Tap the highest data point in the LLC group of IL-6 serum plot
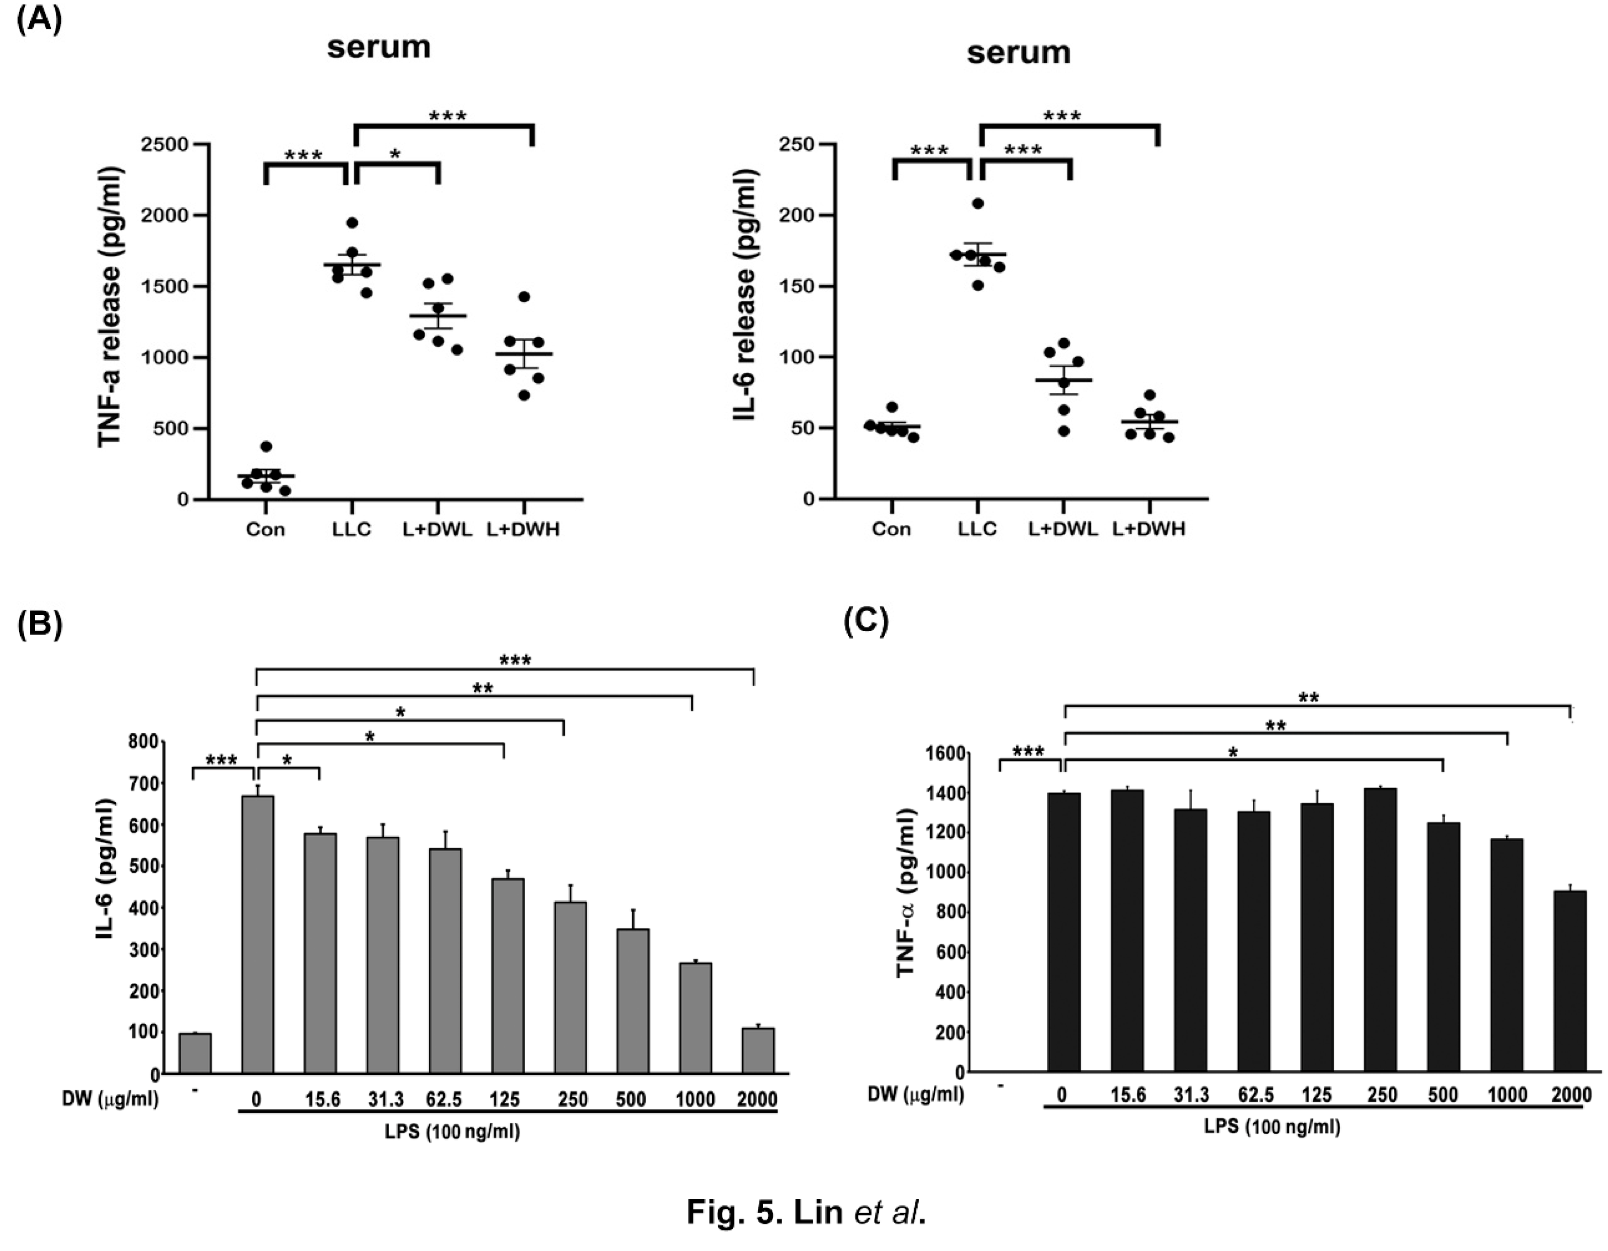(x=977, y=203)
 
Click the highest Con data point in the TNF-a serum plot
(x=266, y=447)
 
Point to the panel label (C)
(x=866, y=621)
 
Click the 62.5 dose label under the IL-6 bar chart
(x=443, y=1099)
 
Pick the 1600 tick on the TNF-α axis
(x=945, y=754)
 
